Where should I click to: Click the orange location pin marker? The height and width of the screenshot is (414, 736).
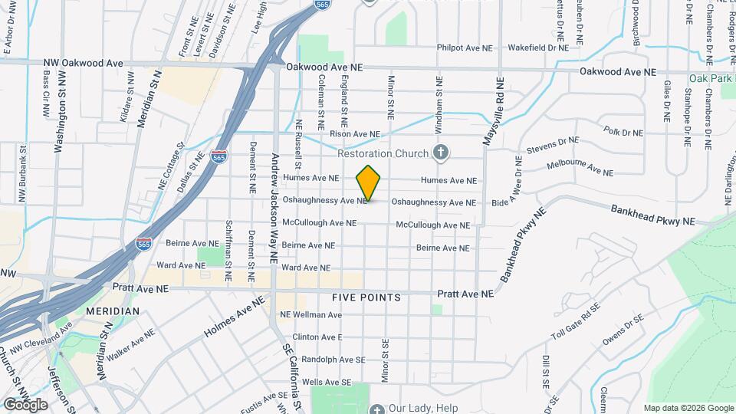[369, 183]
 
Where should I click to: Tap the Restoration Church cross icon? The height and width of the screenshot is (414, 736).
[440, 153]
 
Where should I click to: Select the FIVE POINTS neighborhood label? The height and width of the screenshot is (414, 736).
[366, 297]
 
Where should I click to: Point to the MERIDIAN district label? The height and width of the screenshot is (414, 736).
[113, 311]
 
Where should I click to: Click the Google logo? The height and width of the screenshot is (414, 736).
[25, 404]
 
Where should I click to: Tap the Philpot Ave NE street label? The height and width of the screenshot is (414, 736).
[465, 48]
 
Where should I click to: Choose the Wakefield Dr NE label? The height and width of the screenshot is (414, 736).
[538, 48]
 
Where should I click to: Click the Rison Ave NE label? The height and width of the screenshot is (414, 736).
[355, 134]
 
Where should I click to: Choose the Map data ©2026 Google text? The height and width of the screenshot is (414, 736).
[688, 408]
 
